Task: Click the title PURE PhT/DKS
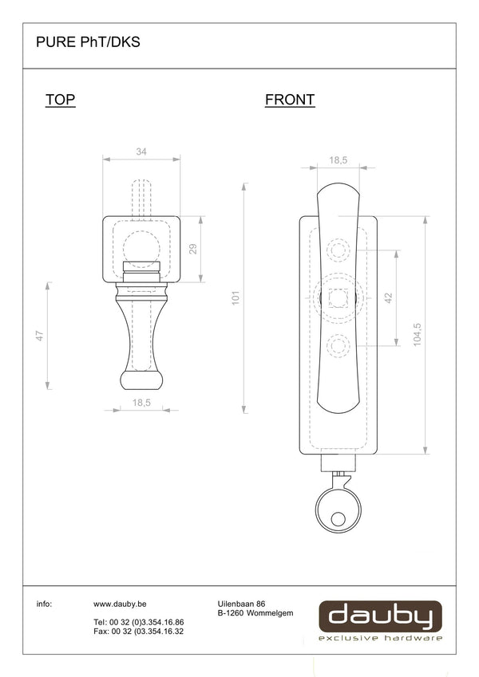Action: (x=88, y=42)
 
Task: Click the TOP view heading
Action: (x=61, y=100)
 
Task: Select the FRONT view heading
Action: (x=290, y=100)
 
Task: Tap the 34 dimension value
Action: (x=141, y=152)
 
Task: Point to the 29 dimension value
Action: (x=193, y=249)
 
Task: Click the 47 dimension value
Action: (x=40, y=336)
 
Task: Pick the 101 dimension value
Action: (x=236, y=298)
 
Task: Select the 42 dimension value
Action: (x=388, y=298)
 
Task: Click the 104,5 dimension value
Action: (x=417, y=334)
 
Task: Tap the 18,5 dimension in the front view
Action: (x=338, y=160)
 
